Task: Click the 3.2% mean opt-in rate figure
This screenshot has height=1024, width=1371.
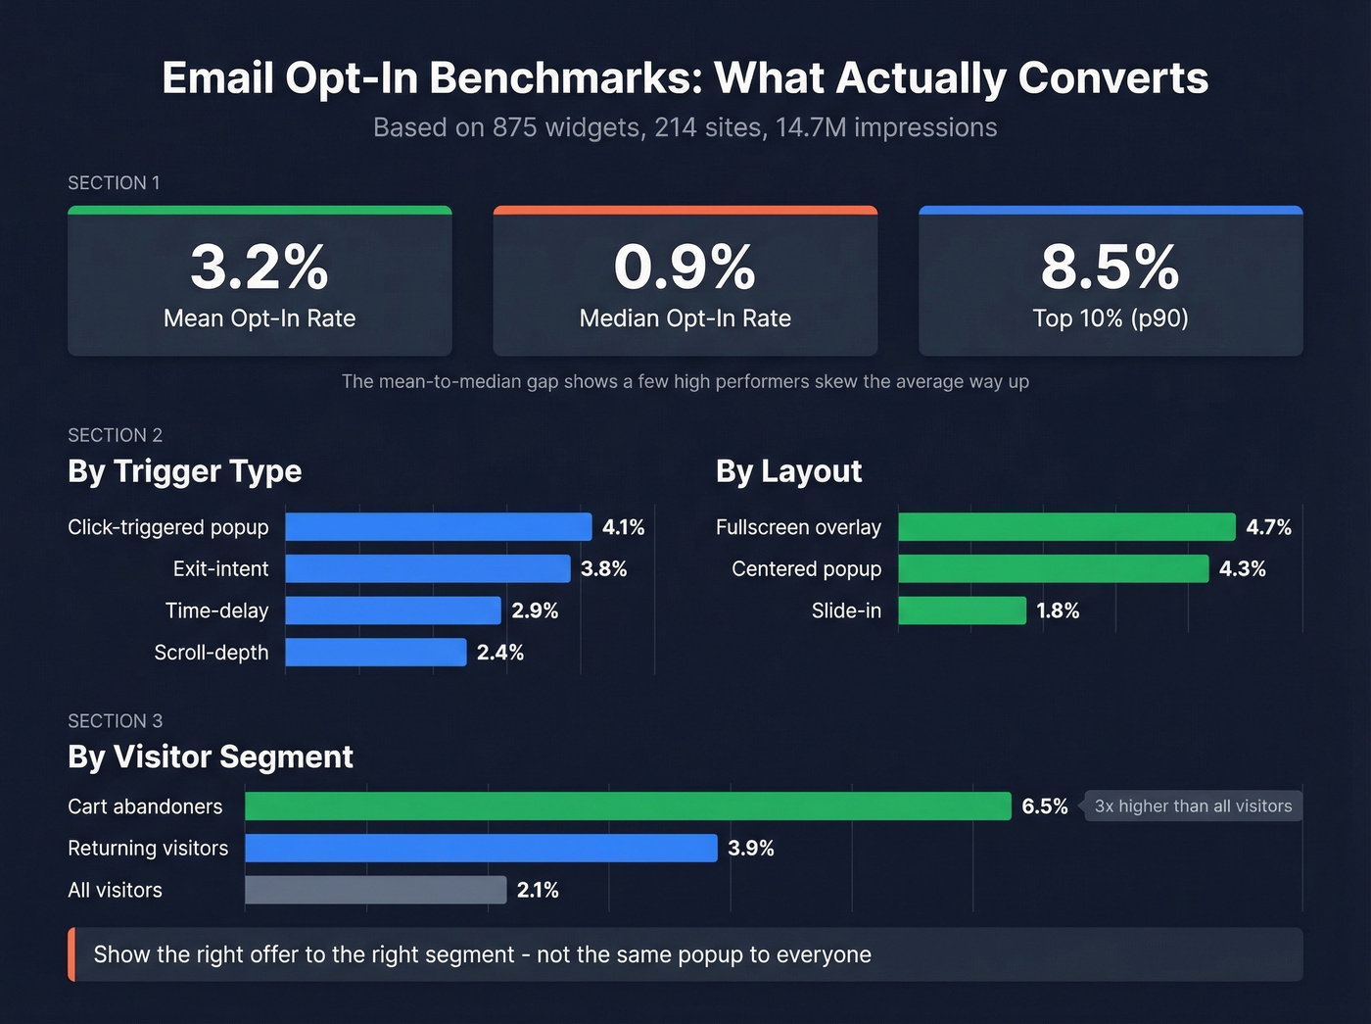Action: [x=260, y=268]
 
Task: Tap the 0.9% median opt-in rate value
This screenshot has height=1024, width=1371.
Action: [x=685, y=268]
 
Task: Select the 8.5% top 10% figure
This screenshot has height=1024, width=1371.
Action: [x=1110, y=268]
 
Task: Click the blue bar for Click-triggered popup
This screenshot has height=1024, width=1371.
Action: [x=438, y=527]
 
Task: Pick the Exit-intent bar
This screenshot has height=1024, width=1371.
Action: [x=427, y=569]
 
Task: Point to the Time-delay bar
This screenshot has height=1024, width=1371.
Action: [x=393, y=610]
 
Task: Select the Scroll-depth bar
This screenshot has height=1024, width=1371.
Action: [x=375, y=653]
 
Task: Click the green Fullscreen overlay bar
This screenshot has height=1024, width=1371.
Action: [x=1066, y=527]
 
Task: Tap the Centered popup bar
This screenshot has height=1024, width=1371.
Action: [x=1053, y=569]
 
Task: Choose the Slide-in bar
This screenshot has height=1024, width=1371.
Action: [x=962, y=610]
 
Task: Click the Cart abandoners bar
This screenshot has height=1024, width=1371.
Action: [x=627, y=806]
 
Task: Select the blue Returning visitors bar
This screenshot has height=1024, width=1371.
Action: [x=481, y=849]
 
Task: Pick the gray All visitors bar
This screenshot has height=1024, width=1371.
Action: [x=375, y=890]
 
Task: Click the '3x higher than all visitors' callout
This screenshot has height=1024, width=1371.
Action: [x=1193, y=806]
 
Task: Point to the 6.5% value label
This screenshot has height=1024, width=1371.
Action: [x=1044, y=806]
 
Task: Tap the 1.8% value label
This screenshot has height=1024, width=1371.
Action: [x=1058, y=610]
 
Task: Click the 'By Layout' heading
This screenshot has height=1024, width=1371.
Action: [x=788, y=471]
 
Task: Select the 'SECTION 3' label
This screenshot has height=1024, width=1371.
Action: [x=115, y=721]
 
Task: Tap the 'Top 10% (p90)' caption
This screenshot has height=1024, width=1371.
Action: [x=1110, y=318]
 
